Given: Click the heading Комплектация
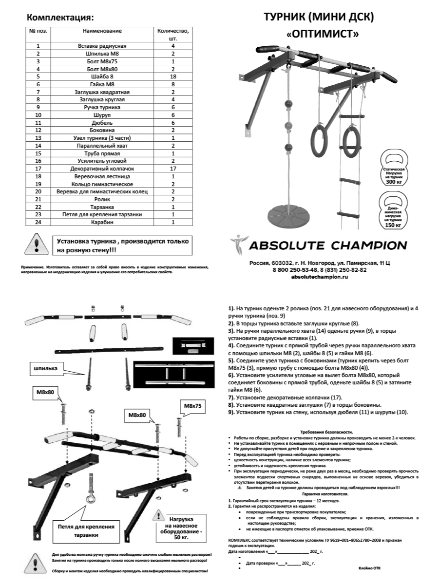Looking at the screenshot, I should pyautogui.click(x=60, y=18).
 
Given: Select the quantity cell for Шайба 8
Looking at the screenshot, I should pyautogui.click(x=172, y=76).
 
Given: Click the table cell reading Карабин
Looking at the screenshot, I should pyautogui.click(x=102, y=222).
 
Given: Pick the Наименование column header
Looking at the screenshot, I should pyautogui.click(x=102, y=31).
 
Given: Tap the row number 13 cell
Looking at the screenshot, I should pyautogui.click(x=38, y=138).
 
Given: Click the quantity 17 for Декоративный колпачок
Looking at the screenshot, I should pyautogui.click(x=172, y=169).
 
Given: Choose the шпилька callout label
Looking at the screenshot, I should pyautogui.click(x=43, y=368).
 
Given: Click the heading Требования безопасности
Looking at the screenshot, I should pyautogui.click(x=326, y=432).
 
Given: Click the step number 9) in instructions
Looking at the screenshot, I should pyautogui.click(x=231, y=412).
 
